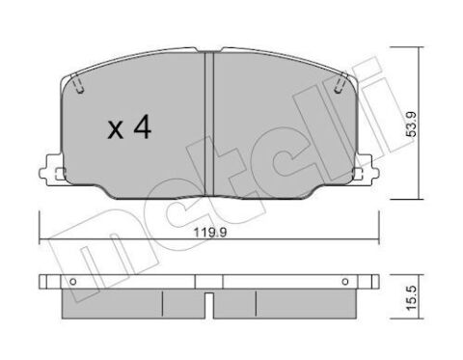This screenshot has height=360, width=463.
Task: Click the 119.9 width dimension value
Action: tap(210, 232)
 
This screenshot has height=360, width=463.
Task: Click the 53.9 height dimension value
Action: tap(411, 124)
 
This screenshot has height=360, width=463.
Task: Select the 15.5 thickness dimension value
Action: tap(411, 298)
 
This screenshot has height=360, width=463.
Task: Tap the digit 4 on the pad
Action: tap(143, 126)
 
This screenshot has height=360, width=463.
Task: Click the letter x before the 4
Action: tap(116, 129)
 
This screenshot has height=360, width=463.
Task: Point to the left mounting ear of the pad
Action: tap(51, 170)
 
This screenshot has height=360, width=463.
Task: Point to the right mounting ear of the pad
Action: tap(366, 170)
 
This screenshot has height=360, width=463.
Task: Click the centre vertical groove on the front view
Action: tap(209, 124)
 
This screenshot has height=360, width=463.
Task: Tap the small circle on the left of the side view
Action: tap(73, 282)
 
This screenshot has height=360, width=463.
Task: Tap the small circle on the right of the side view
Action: tap(345, 282)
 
